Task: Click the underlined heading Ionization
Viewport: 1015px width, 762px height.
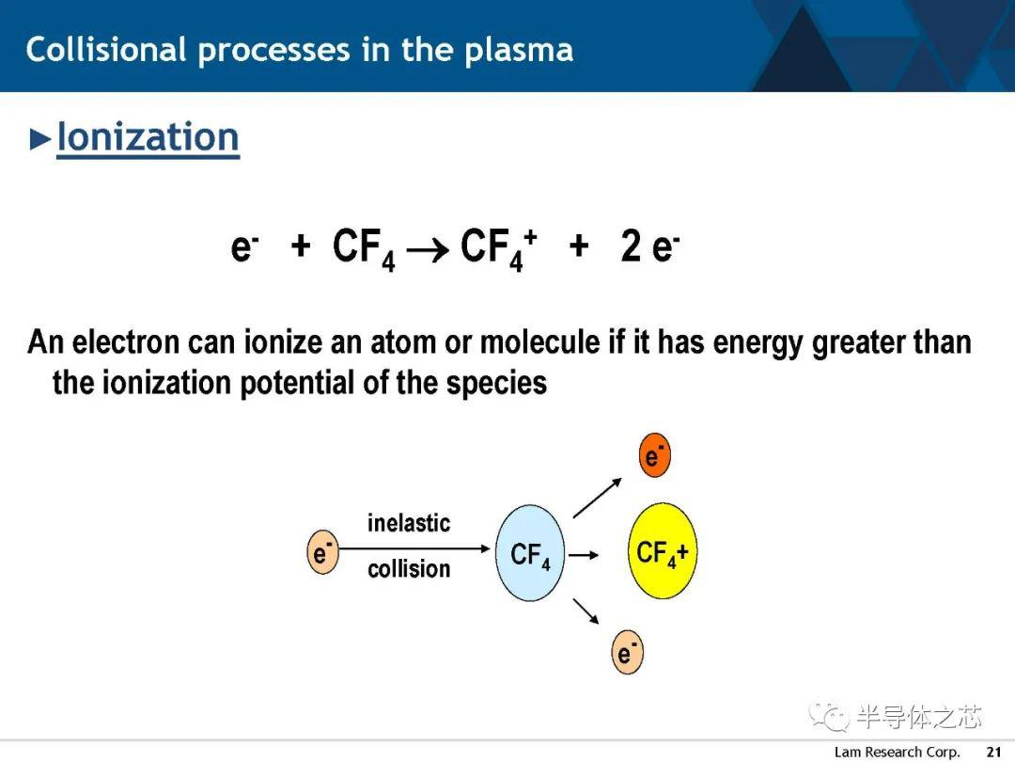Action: (148, 138)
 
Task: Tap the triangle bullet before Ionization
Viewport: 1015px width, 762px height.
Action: (40, 139)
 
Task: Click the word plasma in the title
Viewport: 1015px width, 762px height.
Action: (519, 52)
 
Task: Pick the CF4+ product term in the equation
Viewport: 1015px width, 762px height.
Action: (498, 248)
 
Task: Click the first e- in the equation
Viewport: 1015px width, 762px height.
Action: (244, 246)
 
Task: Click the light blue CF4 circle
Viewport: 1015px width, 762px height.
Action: (529, 553)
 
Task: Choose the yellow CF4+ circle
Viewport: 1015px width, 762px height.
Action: (663, 550)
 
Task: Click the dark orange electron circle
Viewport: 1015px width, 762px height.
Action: (654, 455)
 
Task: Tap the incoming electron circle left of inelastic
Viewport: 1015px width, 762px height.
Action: (322, 552)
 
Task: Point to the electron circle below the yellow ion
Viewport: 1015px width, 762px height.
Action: (627, 652)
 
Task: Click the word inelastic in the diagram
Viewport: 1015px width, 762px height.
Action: (409, 523)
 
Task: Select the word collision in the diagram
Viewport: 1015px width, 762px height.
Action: (409, 569)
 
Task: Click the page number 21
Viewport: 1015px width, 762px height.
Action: (993, 752)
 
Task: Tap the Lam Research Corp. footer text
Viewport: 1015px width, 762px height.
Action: (897, 752)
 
